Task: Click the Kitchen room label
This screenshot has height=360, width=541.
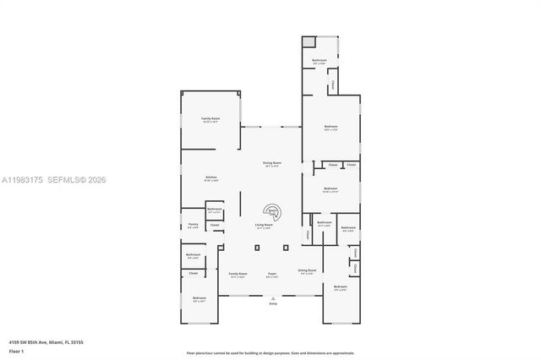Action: tap(210, 177)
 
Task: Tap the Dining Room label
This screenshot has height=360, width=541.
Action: tap(271, 163)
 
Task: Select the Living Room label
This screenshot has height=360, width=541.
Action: tap(265, 225)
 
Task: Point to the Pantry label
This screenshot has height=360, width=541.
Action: tap(193, 225)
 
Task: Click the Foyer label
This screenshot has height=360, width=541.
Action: tap(272, 274)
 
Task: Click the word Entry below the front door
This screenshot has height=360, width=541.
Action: tap(272, 303)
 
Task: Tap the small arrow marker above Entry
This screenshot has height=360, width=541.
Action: tap(272, 297)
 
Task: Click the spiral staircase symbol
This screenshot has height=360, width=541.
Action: tap(273, 213)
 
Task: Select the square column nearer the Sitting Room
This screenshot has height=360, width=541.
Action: tap(287, 248)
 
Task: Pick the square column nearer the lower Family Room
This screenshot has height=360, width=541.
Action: tap(259, 248)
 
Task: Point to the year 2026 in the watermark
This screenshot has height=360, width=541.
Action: tap(96, 180)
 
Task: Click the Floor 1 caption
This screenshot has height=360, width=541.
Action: tap(17, 350)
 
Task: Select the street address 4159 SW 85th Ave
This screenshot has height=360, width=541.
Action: tap(31, 342)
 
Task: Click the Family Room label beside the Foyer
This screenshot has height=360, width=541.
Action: tap(238, 274)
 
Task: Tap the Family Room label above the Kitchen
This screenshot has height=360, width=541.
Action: tap(210, 119)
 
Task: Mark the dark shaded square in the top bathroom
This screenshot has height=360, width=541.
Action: tap(309, 42)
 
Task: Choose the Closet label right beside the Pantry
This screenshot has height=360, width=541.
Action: tap(215, 225)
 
